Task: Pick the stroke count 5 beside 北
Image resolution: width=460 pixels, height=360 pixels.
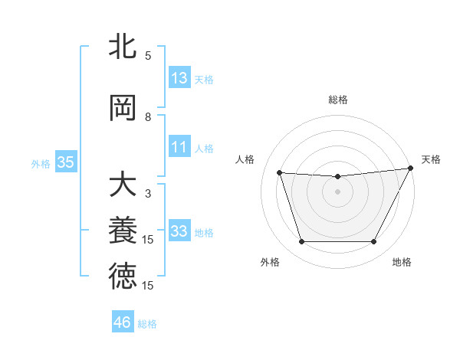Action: [148, 55]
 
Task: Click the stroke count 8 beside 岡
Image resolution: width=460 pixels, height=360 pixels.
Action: [148, 117]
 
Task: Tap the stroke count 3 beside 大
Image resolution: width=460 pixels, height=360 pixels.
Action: [148, 194]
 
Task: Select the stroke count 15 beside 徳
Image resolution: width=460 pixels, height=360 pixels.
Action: [148, 285]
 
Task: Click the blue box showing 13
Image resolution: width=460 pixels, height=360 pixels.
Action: [179, 78]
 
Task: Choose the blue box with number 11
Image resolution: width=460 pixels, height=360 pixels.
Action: [179, 147]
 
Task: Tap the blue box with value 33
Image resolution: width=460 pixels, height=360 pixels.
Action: [179, 231]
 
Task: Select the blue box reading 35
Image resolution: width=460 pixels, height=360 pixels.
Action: [65, 162]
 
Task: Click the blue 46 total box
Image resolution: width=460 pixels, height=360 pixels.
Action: [123, 322]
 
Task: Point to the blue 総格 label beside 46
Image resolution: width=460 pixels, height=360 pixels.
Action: [147, 324]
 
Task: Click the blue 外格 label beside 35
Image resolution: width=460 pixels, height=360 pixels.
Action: [41, 163]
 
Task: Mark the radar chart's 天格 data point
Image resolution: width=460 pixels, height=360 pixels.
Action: [411, 169]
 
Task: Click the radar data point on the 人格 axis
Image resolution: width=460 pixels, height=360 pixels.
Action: [280, 173]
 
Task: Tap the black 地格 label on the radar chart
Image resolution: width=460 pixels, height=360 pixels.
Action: [402, 263]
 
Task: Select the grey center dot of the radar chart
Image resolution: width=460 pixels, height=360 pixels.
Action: [337, 191]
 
